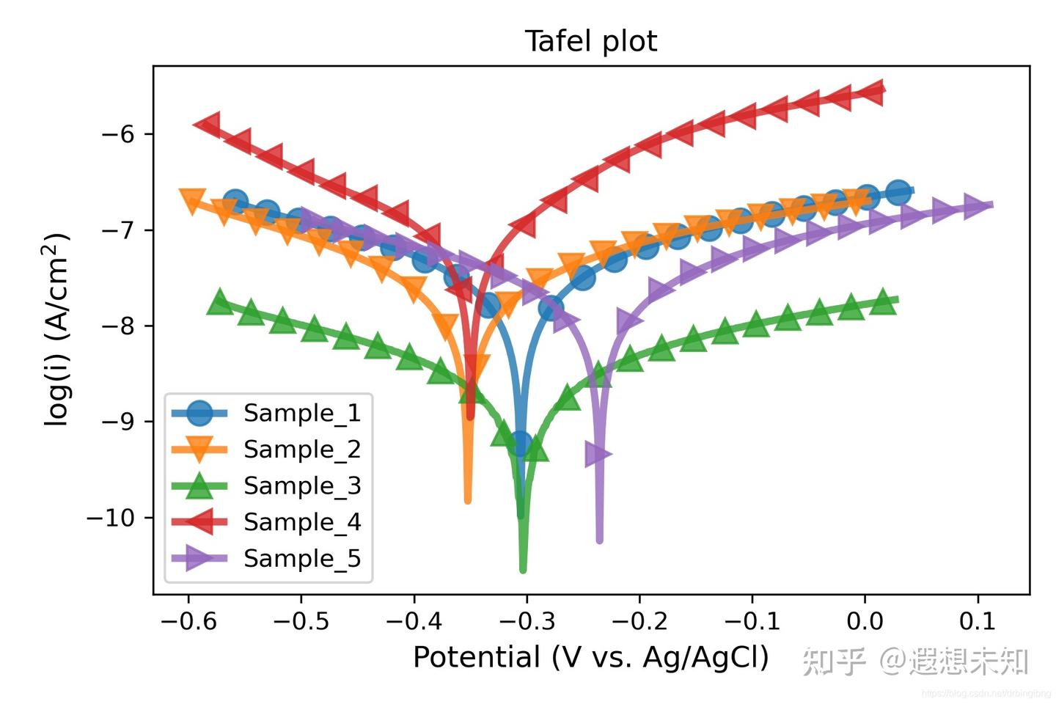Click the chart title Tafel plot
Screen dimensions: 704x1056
(x=590, y=42)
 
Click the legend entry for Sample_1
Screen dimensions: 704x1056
(x=301, y=414)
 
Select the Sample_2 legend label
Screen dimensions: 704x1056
(x=301, y=450)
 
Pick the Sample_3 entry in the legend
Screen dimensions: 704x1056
(x=301, y=486)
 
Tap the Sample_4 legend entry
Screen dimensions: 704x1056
(x=301, y=522)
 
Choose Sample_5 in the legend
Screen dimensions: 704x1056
(x=301, y=559)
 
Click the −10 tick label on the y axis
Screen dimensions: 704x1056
(x=111, y=518)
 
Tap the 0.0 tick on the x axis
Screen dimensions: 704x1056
(x=865, y=622)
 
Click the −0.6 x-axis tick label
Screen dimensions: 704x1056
(x=188, y=622)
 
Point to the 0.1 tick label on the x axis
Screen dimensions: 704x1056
(x=977, y=622)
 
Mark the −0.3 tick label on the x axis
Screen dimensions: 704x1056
(x=527, y=622)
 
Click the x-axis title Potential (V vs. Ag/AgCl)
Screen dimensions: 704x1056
(x=590, y=657)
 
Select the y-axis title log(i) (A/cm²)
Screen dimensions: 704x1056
(x=57, y=329)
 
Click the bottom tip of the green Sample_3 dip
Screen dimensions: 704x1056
(x=523, y=569)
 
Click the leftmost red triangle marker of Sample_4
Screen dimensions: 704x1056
(x=209, y=124)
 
